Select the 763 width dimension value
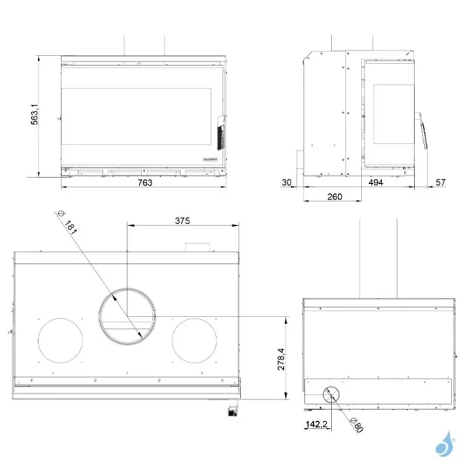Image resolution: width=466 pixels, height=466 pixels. click(x=144, y=183)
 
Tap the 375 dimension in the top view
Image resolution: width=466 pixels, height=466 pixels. click(x=181, y=221)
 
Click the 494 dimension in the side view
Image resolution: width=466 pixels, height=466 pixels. click(x=376, y=183)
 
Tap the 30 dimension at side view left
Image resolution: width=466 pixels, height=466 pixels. click(x=287, y=183)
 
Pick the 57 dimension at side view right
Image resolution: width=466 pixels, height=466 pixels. click(x=440, y=183)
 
